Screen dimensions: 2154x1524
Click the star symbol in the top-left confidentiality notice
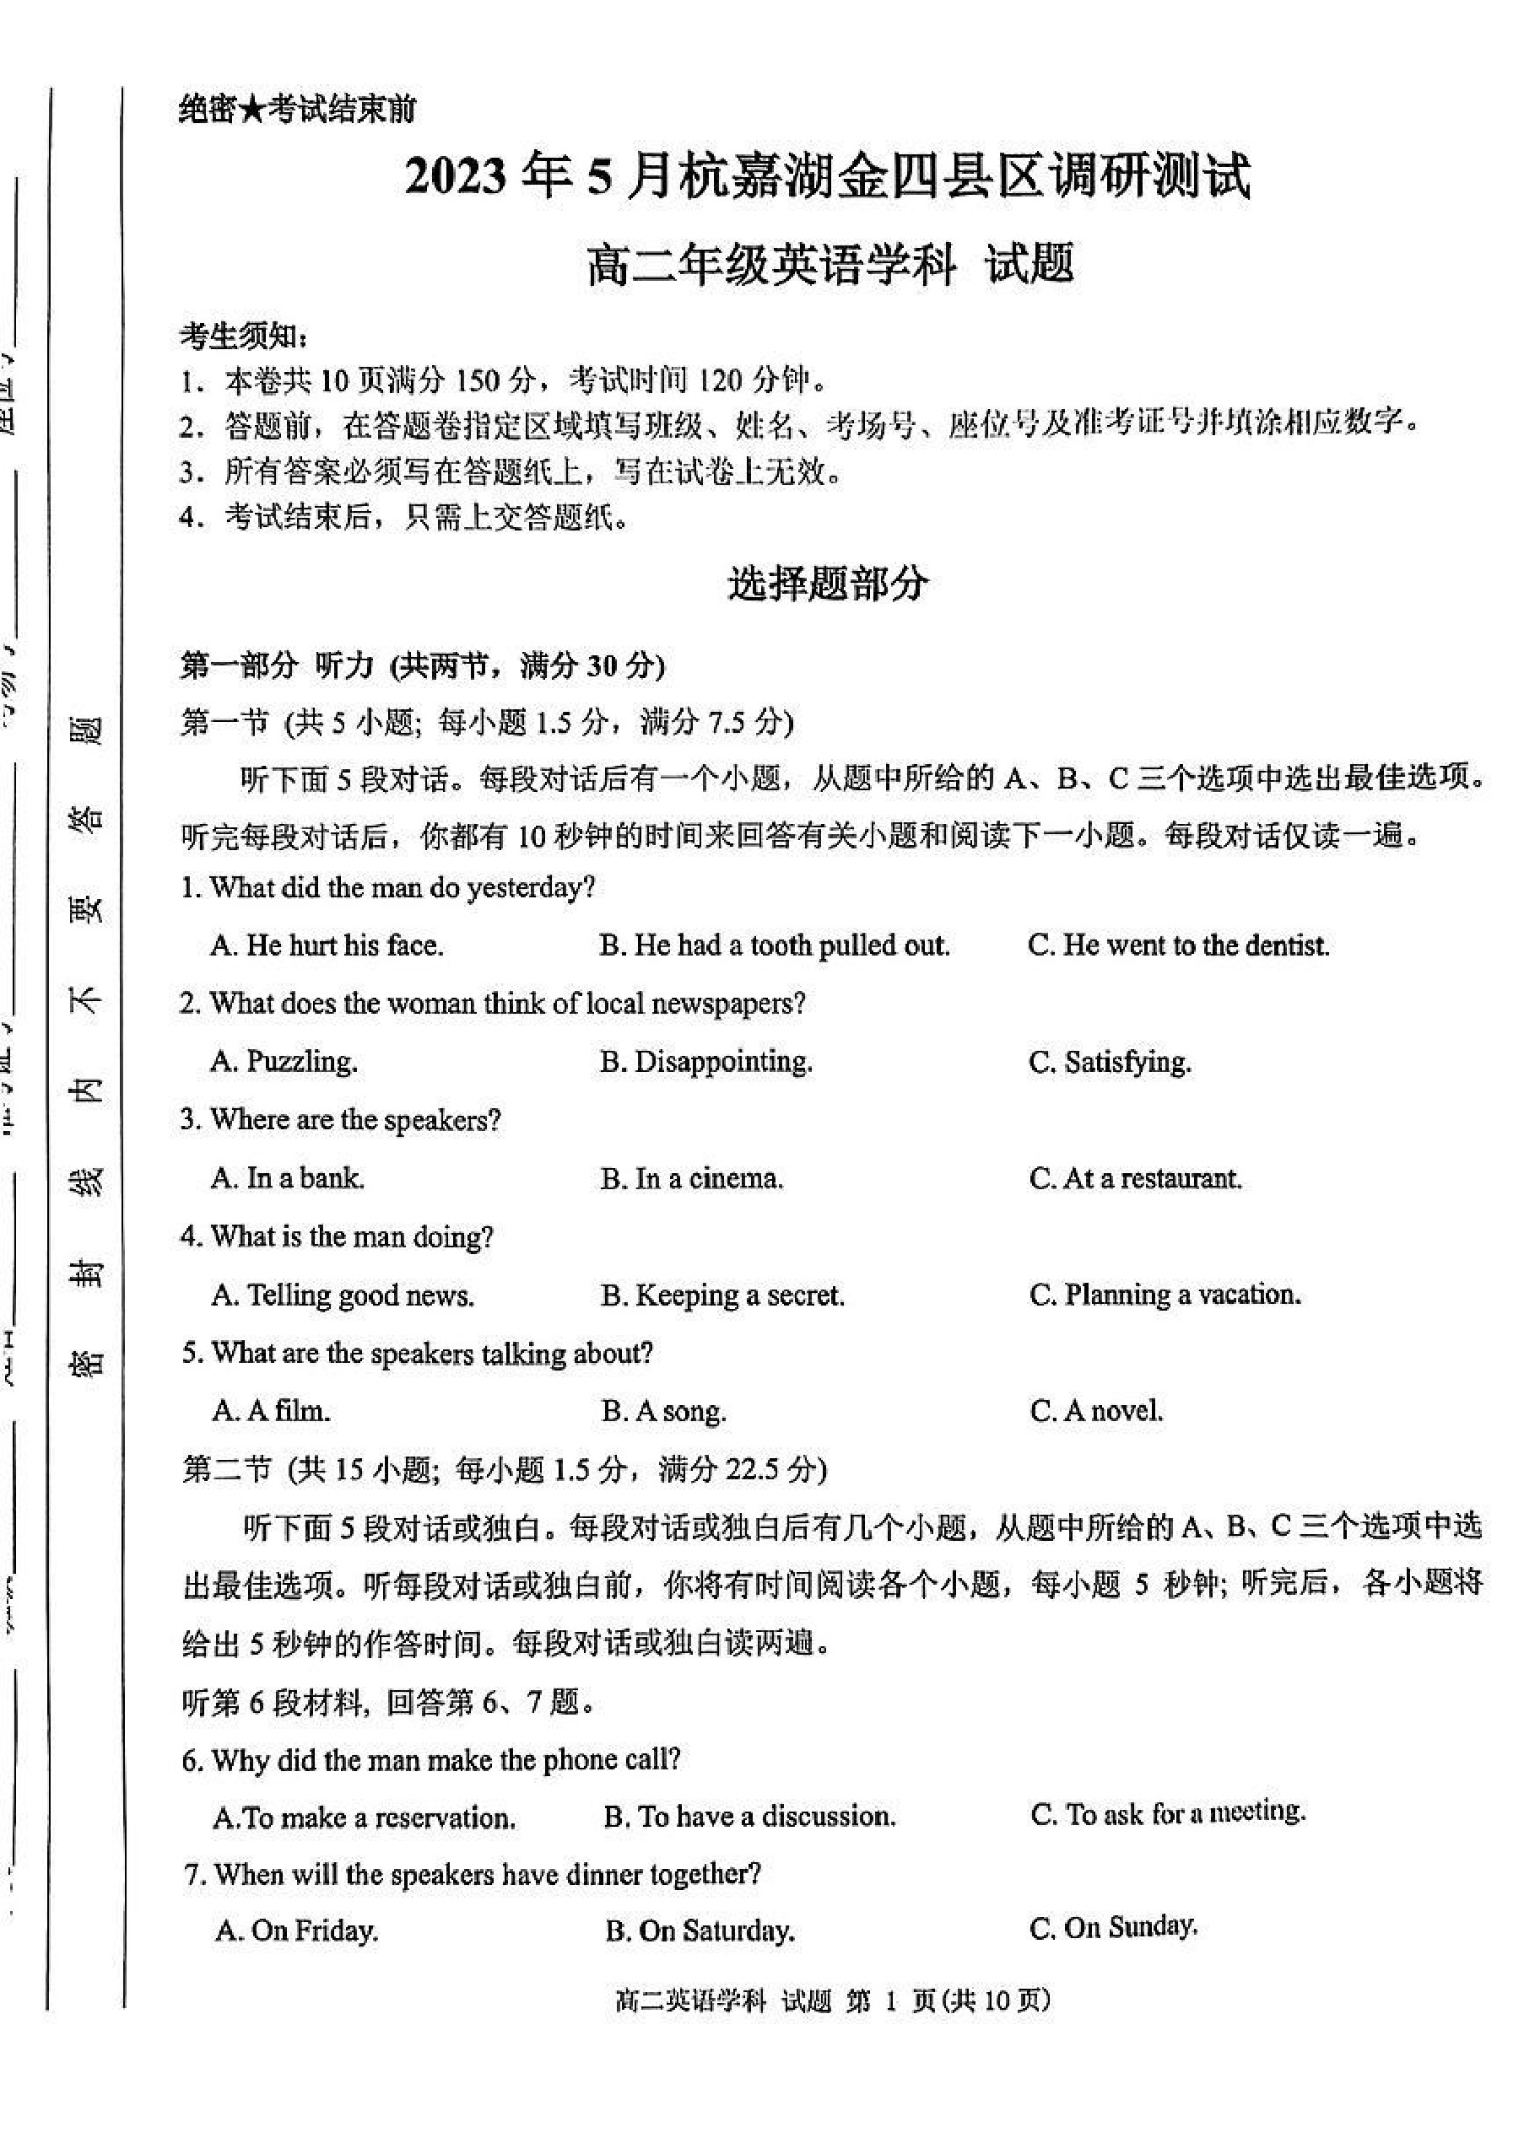click(x=251, y=111)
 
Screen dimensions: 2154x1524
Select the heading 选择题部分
click(x=827, y=584)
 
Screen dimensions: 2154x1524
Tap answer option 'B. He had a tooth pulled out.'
click(x=774, y=945)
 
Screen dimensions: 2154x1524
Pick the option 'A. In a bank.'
click(x=287, y=1178)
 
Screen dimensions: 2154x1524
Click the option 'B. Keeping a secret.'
click(x=721, y=1295)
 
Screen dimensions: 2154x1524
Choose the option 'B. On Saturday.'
click(x=700, y=1931)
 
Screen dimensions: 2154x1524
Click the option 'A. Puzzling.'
click(x=284, y=1062)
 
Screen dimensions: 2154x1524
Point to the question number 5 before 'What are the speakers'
click(x=189, y=1354)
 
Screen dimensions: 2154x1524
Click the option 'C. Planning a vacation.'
click(x=1165, y=1295)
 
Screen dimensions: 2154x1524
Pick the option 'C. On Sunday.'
click(x=1113, y=1929)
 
